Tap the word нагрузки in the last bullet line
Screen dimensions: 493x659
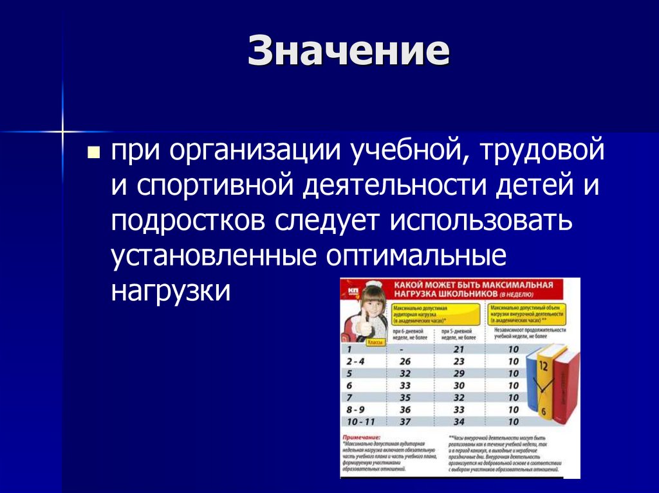pos(170,289)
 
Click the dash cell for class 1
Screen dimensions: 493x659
pos(401,349)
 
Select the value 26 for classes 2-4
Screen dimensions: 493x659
pos(405,361)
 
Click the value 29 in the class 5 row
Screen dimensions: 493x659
pos(459,373)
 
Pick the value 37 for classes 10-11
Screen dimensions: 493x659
pos(405,422)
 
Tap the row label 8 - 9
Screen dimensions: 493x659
pos(355,409)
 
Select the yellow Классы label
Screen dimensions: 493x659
pos(375,343)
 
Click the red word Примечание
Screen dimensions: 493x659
pos(362,437)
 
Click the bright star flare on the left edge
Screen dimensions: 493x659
pos(63,131)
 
